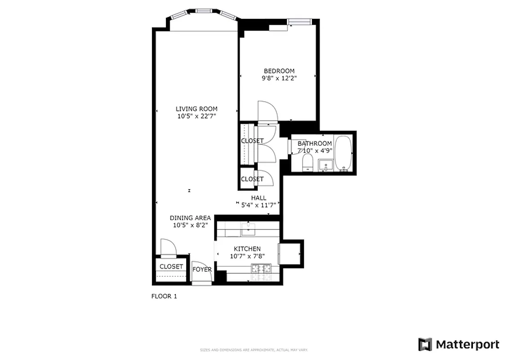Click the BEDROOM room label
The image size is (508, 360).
pyautogui.click(x=279, y=71)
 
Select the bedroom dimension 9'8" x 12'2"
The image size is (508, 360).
pyautogui.click(x=279, y=78)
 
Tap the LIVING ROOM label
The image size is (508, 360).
pyautogui.click(x=196, y=108)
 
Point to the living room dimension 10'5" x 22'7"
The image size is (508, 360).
pyautogui.click(x=196, y=116)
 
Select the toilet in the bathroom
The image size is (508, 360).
pyautogui.click(x=308, y=162)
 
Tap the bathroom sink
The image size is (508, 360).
pyautogui.click(x=325, y=165)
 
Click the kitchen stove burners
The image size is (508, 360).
pyautogui.click(x=261, y=269)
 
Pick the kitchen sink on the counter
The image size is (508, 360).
pyautogui.click(x=248, y=230)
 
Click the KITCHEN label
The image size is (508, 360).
pyautogui.click(x=247, y=249)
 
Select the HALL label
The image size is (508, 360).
pyautogui.click(x=258, y=198)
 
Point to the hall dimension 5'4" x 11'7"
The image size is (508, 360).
pyautogui.click(x=258, y=205)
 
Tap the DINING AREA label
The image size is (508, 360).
pyautogui.click(x=190, y=218)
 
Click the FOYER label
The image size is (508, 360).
pyautogui.click(x=202, y=270)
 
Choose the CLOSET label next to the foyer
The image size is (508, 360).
pyautogui.click(x=171, y=266)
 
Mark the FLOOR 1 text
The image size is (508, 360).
pyautogui.click(x=164, y=297)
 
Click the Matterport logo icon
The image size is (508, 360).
pyautogui.click(x=425, y=344)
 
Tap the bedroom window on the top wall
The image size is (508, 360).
pyautogui.click(x=300, y=22)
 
